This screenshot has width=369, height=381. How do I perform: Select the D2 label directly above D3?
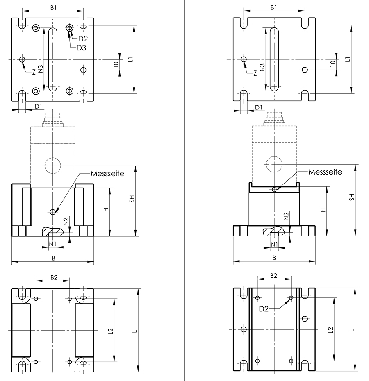[x=83, y=39]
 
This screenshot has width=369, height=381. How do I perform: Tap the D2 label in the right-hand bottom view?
[x=264, y=308]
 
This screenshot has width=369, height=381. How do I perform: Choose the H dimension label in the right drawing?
[x=323, y=209]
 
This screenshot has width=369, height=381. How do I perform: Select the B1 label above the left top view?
[x=53, y=7]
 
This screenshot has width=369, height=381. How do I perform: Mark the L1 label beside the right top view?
[x=348, y=59]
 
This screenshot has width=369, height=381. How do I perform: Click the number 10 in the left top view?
[x=116, y=64]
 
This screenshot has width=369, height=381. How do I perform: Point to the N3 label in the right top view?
[x=262, y=67]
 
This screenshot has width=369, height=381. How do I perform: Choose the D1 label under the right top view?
[x=259, y=107]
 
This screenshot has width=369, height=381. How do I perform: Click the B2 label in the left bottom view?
[x=54, y=277]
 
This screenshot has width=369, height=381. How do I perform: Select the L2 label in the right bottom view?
[x=331, y=330]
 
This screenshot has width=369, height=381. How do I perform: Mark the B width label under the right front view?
[x=274, y=258]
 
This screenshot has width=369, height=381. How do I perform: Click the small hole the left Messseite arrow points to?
[x=52, y=212]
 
